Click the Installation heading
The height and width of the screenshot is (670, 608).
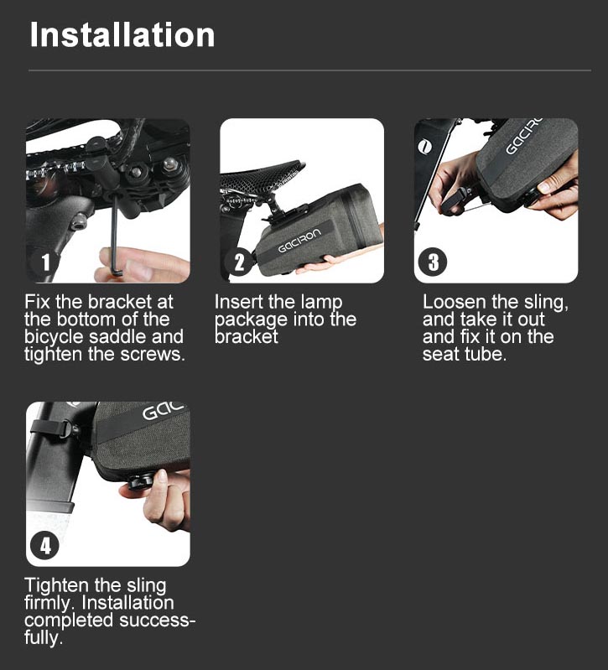click(122, 35)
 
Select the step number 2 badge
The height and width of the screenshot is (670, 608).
click(239, 262)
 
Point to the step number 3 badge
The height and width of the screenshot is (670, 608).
click(433, 262)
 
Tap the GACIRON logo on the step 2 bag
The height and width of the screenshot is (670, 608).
click(299, 240)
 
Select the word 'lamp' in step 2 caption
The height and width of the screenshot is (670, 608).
click(321, 303)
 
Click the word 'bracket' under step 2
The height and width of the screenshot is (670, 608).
click(247, 337)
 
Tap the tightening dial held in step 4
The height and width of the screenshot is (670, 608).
click(140, 481)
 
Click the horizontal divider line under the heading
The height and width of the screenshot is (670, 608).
click(309, 70)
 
